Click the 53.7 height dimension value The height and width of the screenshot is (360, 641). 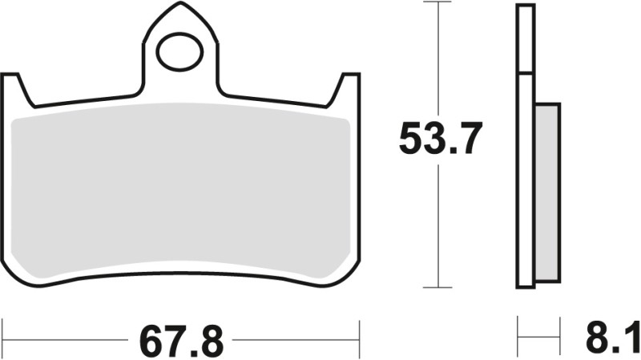440,140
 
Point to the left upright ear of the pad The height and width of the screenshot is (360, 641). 14,88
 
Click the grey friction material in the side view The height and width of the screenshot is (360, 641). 546,192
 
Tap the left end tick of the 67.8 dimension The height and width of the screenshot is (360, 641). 3,331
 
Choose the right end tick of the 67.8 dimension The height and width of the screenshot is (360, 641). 361,331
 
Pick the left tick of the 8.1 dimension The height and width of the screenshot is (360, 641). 518,330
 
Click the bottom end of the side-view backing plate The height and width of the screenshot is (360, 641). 526,285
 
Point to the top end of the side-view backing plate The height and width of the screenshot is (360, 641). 526,6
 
